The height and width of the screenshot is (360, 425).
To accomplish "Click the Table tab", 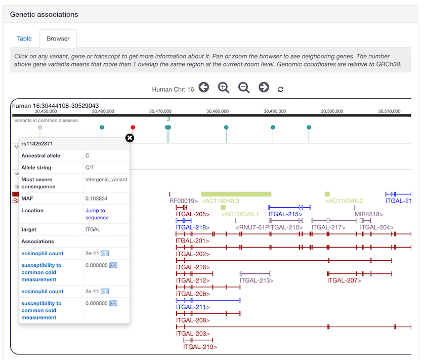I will pos(24,38).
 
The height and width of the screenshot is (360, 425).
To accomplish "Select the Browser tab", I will pos(58,38).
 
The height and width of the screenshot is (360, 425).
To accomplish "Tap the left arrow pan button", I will pos(203,88).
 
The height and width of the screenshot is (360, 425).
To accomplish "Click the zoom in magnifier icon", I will pos(224,88).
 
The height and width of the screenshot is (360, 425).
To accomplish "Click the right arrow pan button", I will pos(264,88).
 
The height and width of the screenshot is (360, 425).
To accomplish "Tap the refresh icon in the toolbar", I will pos(281,90).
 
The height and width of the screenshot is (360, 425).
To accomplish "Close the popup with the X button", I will pos(130,138).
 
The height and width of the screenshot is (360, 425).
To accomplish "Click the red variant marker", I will pos(133,128).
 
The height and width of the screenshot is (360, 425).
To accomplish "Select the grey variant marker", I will pos(40,128).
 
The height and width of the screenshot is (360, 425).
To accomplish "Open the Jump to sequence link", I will pos(96,214).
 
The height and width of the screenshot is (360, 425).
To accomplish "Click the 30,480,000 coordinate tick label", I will pos(218,111).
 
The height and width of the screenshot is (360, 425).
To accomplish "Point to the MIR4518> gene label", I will pos(368,214).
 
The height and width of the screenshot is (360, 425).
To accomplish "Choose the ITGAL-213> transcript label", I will pos(257,280).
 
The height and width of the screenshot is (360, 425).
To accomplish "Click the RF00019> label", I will pos(183,201).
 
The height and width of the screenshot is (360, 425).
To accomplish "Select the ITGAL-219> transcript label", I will pos(200,347).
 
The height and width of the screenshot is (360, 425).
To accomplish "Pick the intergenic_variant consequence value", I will pos(106,179).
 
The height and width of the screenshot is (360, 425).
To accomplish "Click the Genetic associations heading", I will pos(44,14).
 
